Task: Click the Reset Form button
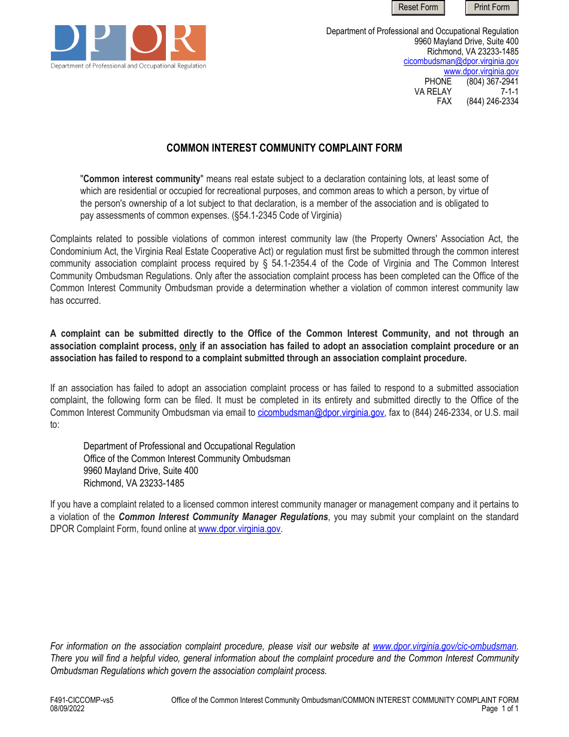coord(418,8)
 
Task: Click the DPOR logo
coord(128,46)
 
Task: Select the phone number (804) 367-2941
coord(492,81)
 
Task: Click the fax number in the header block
coord(492,101)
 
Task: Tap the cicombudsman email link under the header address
coord(461,61)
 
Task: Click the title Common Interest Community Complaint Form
coord(284,148)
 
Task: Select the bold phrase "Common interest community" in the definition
coord(142,179)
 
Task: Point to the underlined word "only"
coord(188,346)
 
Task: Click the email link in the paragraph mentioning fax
coord(320,412)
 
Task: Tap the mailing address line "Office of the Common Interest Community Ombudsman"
coord(187,459)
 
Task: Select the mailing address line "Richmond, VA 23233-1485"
coord(134,483)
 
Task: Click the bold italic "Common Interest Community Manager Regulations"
coord(223,517)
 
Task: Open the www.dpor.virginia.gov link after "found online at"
coord(239,529)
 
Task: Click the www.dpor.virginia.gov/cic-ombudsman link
coord(444,646)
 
